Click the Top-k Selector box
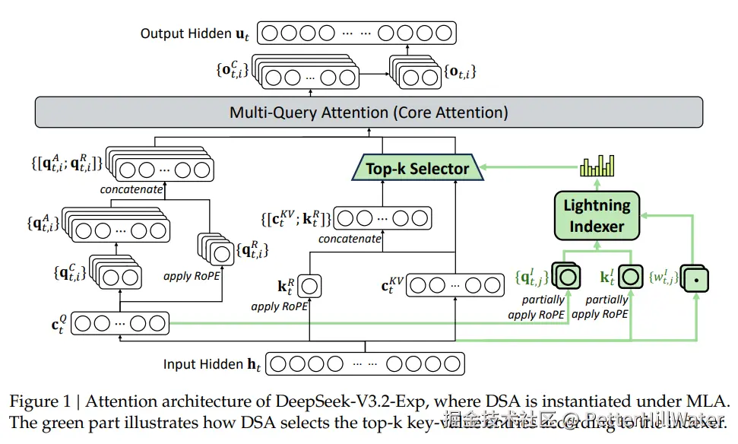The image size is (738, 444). [417, 168]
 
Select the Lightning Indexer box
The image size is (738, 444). [597, 215]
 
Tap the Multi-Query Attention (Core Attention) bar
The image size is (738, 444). [369, 113]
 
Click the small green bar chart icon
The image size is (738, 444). [597, 165]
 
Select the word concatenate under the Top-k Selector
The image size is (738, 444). [350, 239]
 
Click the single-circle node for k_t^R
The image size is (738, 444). [310, 287]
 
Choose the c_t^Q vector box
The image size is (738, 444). [119, 323]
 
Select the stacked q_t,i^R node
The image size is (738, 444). [216, 250]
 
